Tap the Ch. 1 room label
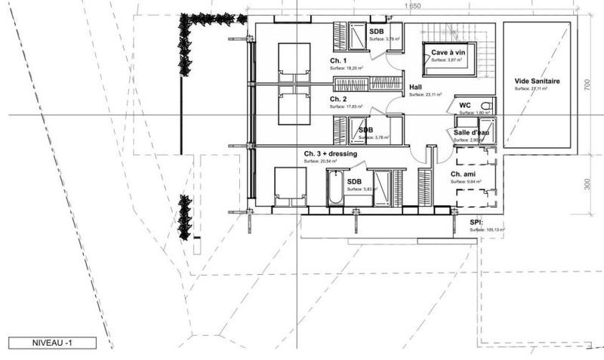point(338,60)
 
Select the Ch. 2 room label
point(338,99)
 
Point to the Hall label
point(415,88)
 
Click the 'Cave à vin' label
point(448,52)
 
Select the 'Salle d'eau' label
point(471,133)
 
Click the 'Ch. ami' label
point(463,174)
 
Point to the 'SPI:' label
point(476,223)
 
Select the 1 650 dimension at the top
point(411,7)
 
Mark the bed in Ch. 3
point(290,186)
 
